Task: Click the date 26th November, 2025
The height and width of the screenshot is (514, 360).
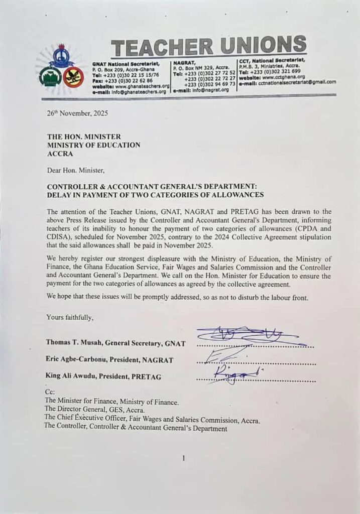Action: click(77, 113)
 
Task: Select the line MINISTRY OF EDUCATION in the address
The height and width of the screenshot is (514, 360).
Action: click(93, 145)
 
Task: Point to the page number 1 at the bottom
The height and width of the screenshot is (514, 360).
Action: click(184, 458)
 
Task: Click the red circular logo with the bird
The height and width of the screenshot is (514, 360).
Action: click(73, 77)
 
